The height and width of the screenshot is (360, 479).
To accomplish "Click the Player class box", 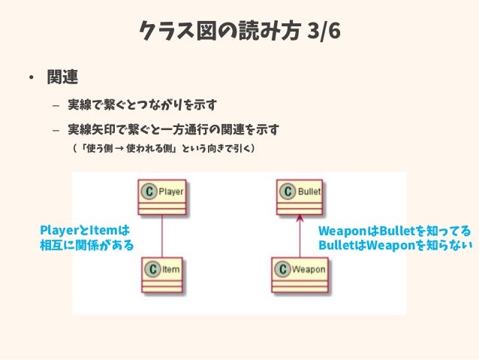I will click(161, 197).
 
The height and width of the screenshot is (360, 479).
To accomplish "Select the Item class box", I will click(161, 274).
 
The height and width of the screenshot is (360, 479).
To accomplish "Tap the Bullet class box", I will click(300, 197).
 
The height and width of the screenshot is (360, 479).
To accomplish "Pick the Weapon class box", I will click(300, 274).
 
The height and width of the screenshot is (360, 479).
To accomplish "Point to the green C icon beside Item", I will click(152, 268).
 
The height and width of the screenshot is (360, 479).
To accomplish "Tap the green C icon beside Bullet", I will click(286, 192).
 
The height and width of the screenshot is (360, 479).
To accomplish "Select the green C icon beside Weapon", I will click(282, 268).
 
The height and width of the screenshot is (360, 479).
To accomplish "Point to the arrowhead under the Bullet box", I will click(300, 219).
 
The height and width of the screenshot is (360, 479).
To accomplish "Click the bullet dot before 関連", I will click(29, 78).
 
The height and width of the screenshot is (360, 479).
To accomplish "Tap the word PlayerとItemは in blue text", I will click(84, 229).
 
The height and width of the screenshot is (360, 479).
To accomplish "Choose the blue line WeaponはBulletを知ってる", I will click(394, 230).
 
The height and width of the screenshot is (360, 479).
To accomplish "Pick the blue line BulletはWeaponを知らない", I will click(394, 245).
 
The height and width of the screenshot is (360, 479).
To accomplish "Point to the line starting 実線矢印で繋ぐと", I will click(173, 129).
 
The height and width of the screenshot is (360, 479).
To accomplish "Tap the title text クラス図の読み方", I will click(220, 32).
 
